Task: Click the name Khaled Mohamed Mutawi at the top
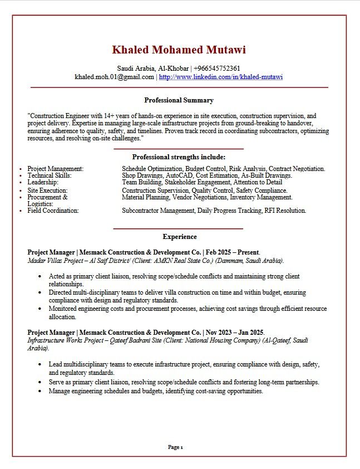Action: click(179, 50)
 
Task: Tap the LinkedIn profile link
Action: click(221, 77)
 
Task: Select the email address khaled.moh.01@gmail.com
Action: click(114, 77)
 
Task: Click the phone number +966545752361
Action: click(217, 69)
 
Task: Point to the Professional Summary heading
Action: click(179, 100)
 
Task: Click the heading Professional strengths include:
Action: click(179, 157)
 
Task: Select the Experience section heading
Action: click(180, 237)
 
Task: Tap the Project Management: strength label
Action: click(56, 169)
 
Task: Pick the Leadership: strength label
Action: click(43, 182)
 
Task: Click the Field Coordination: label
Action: click(53, 211)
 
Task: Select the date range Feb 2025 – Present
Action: click(233, 252)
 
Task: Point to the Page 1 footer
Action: click(175, 447)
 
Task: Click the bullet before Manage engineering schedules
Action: click(41, 392)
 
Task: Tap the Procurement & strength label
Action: click(47, 197)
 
